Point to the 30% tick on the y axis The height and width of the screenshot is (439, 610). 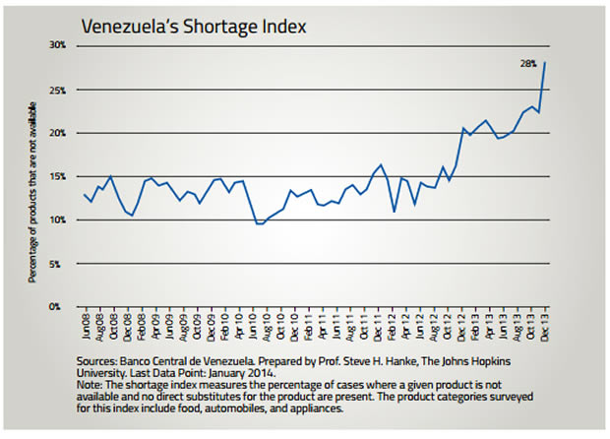pyautogui.click(x=57, y=45)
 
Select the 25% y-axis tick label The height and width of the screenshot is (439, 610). pyautogui.click(x=57, y=90)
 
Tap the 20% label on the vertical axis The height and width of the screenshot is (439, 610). pyautogui.click(x=57, y=133)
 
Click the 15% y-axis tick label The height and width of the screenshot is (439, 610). pyautogui.click(x=57, y=176)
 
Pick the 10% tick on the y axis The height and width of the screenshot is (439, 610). pyautogui.click(x=57, y=219)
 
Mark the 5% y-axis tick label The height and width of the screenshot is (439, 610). pyautogui.click(x=59, y=263)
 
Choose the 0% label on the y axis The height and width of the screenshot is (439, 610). pyautogui.click(x=59, y=306)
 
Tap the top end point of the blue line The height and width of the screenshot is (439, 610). pyautogui.click(x=546, y=63)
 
